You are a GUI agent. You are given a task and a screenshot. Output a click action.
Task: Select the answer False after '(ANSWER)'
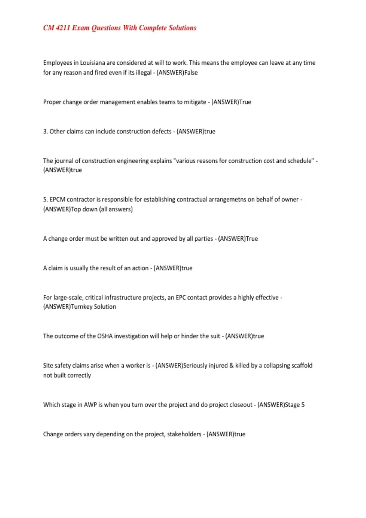pyautogui.click(x=191, y=73)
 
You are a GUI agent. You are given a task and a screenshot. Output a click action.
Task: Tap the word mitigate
pyautogui.click(x=195, y=102)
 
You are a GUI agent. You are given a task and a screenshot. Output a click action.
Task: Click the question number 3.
pyautogui.click(x=45, y=131)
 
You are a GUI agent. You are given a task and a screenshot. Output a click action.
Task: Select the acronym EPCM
pyautogui.click(x=57, y=199)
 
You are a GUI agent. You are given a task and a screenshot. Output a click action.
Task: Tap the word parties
pyautogui.click(x=204, y=239)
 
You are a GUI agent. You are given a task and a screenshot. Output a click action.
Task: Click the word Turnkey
pyautogui.click(x=81, y=307)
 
